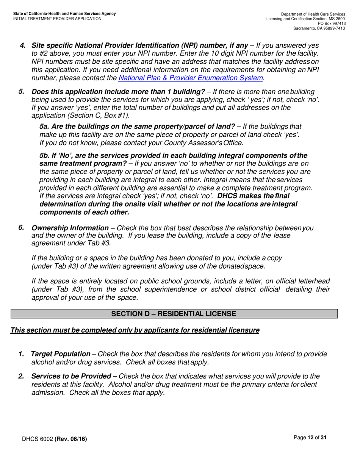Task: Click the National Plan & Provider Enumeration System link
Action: coord(191,78)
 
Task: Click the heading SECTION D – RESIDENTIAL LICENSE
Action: coord(174,314)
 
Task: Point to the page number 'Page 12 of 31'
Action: coord(310,438)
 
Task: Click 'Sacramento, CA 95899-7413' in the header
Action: coord(319,28)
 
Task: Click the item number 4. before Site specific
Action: coord(23,45)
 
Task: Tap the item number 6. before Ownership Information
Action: coord(21,228)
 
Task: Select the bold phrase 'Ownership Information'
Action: coord(70,228)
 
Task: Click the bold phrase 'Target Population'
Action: coord(60,354)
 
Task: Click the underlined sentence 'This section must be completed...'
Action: coord(135,330)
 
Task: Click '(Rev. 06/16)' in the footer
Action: coord(70,439)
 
